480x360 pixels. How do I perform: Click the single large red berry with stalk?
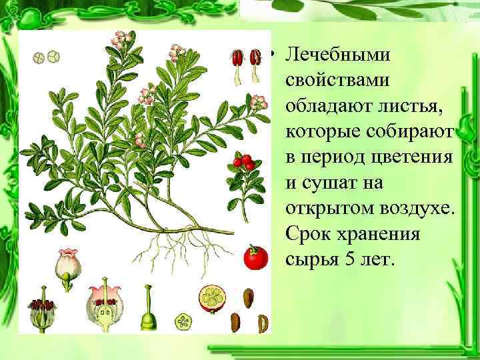tap(254, 257)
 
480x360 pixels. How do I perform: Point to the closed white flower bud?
tap(67, 265)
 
